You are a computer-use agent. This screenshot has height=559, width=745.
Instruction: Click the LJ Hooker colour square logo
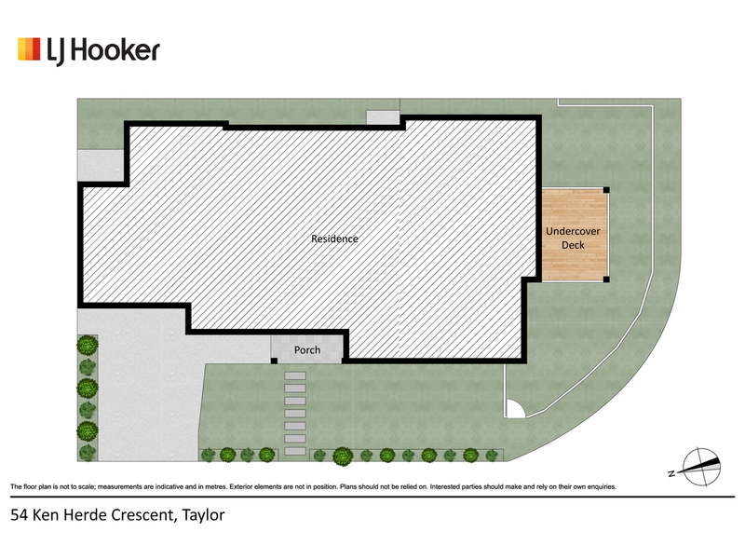pyautogui.click(x=29, y=49)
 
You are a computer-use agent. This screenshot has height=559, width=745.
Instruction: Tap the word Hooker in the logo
pyautogui.click(x=115, y=50)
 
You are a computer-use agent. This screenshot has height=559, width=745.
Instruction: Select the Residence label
pyautogui.click(x=334, y=239)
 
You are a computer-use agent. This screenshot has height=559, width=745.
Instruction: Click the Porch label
pyautogui.click(x=307, y=350)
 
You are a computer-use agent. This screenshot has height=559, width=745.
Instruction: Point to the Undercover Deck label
pyautogui.click(x=573, y=239)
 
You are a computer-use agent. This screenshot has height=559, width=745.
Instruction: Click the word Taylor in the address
pyautogui.click(x=203, y=515)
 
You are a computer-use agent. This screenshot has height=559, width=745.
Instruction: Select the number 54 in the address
pyautogui.click(x=18, y=515)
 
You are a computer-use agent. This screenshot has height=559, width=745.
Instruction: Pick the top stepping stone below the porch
pyautogui.click(x=295, y=376)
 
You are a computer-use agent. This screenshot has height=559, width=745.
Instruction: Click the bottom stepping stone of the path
pyautogui.click(x=295, y=451)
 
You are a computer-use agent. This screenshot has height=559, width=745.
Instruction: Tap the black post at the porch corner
pyautogui.click(x=274, y=361)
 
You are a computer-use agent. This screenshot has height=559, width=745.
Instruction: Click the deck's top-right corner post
pyautogui.click(x=606, y=190)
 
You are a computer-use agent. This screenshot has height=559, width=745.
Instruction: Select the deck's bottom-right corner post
pyautogui.click(x=606, y=279)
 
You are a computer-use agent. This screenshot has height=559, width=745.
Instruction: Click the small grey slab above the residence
pyautogui.click(x=383, y=117)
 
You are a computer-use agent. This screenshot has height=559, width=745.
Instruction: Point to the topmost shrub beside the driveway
pyautogui.click(x=88, y=345)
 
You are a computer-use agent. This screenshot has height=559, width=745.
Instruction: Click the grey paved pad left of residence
pyautogui.click(x=101, y=165)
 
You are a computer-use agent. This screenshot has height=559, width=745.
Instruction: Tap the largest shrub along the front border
pyautogui.click(x=343, y=457)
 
